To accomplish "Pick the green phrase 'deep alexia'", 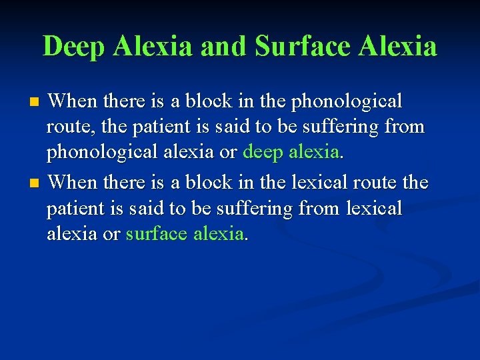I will coord(291,152).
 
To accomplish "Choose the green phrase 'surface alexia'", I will coord(185,233).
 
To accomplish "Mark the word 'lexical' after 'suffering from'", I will coord(374,208).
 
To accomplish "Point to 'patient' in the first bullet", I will coord(154,127).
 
